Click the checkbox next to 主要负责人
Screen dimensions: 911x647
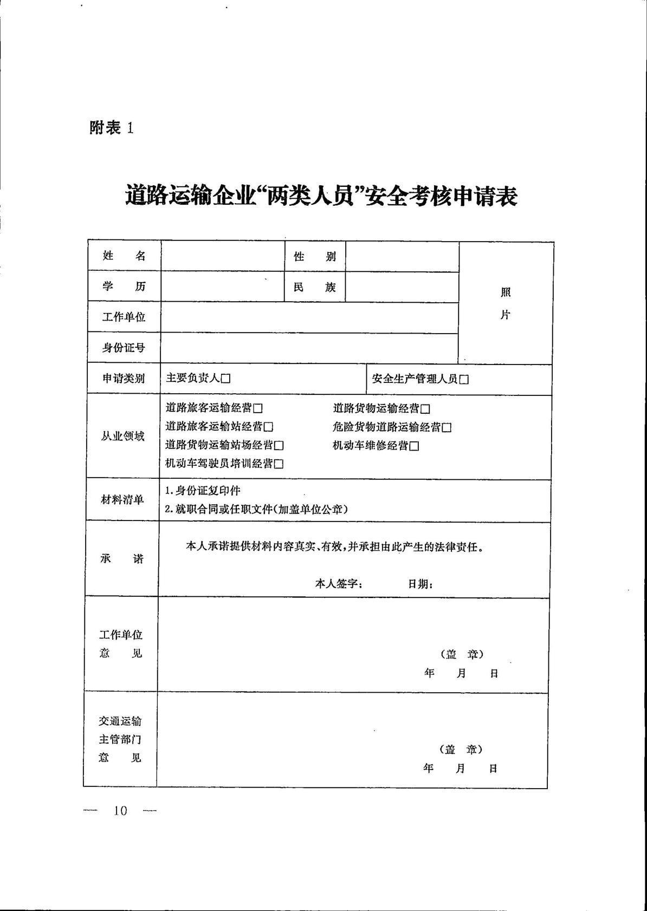click(x=226, y=379)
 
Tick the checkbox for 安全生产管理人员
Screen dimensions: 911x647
click(x=464, y=380)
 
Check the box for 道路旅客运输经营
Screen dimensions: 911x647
click(x=258, y=408)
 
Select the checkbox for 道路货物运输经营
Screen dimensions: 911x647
click(x=425, y=409)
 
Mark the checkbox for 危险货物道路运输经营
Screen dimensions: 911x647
click(x=447, y=428)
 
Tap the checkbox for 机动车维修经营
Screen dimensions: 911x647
click(x=415, y=446)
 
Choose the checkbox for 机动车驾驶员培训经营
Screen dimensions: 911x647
click(x=279, y=464)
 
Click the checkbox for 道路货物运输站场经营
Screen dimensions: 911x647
click(x=279, y=446)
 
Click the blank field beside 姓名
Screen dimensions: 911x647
click(x=223, y=256)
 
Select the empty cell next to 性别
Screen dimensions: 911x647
click(x=402, y=257)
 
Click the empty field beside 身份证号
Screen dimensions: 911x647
click(x=309, y=348)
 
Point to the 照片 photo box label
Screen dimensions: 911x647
click(x=505, y=303)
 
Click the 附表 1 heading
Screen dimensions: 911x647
click(x=112, y=128)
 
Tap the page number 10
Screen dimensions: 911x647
click(x=120, y=811)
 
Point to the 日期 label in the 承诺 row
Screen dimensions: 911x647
click(x=420, y=584)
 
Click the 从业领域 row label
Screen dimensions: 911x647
click(x=123, y=436)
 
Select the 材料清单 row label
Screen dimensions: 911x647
click(x=122, y=499)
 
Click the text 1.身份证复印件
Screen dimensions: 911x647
click(x=203, y=491)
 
